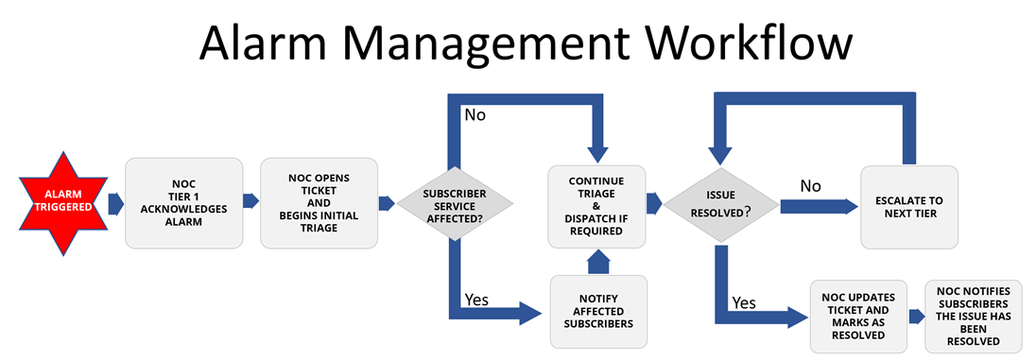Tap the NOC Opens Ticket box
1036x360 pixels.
(319, 202)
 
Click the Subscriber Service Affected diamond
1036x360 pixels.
(454, 202)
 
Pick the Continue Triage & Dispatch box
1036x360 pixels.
(596, 202)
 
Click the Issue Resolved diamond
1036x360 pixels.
(719, 202)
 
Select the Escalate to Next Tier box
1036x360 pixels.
(908, 207)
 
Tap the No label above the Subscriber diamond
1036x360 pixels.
(475, 115)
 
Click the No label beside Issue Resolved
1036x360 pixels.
(811, 185)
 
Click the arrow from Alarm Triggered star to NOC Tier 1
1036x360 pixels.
(114, 202)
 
